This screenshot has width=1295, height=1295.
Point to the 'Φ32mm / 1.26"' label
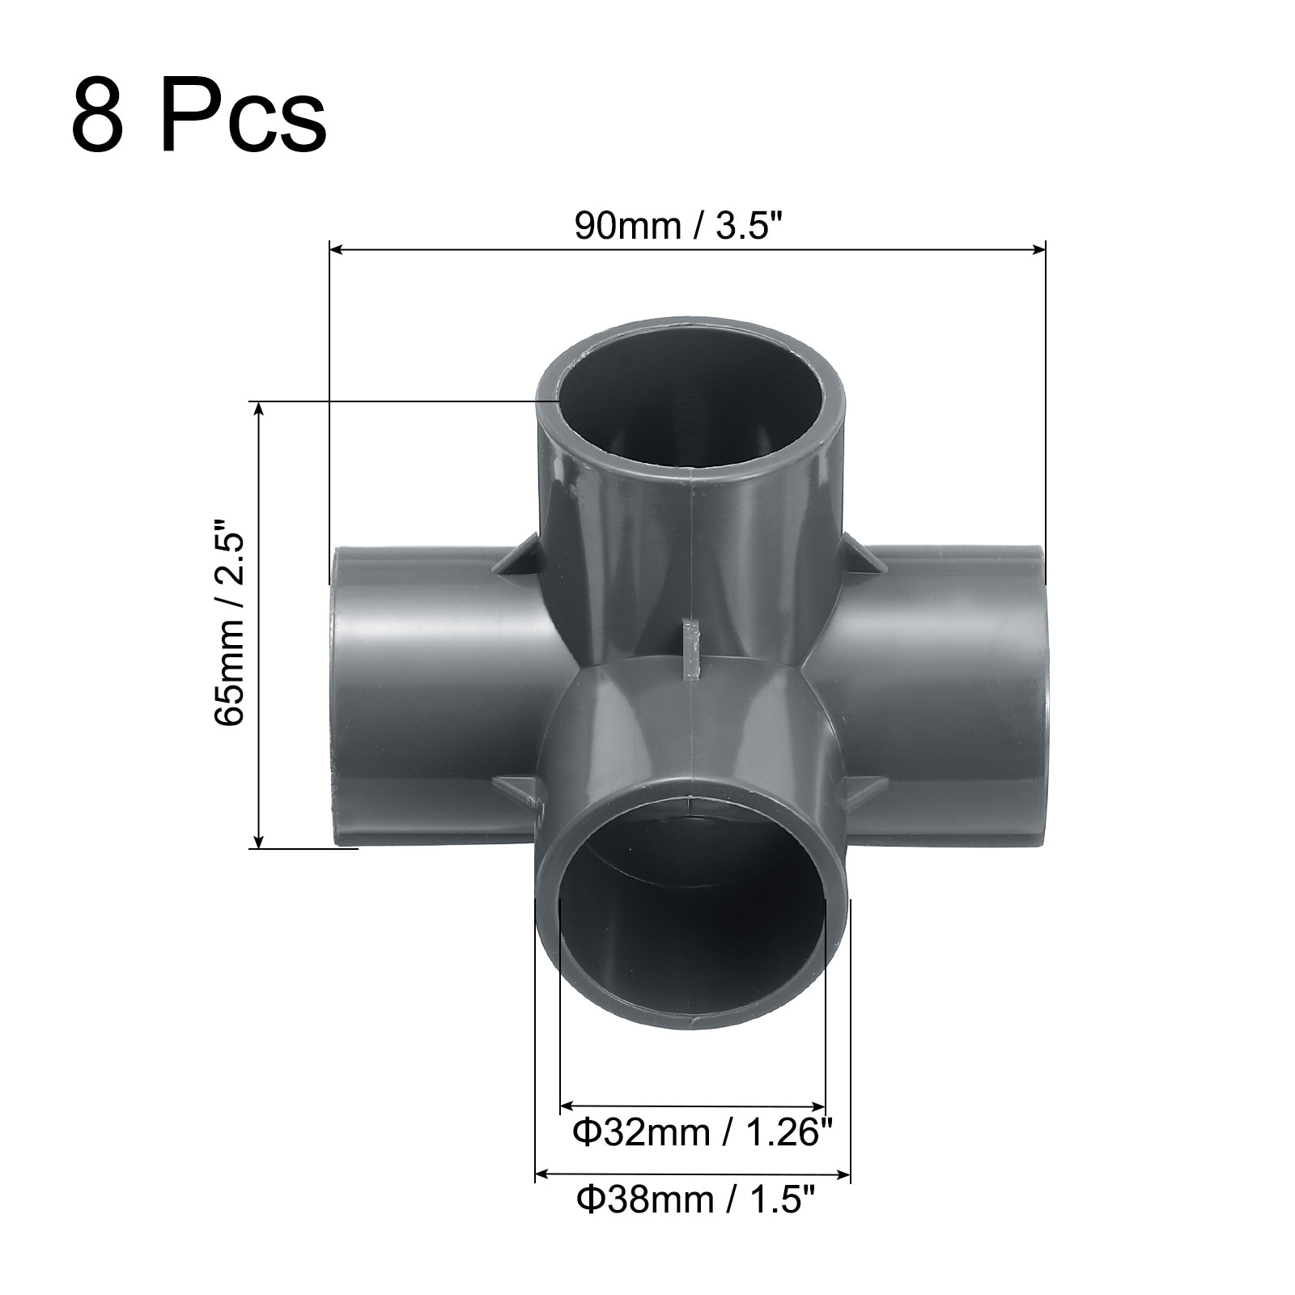click(703, 1132)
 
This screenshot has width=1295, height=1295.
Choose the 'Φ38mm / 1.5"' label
click(694, 1199)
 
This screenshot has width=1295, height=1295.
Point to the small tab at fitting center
click(690, 647)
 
